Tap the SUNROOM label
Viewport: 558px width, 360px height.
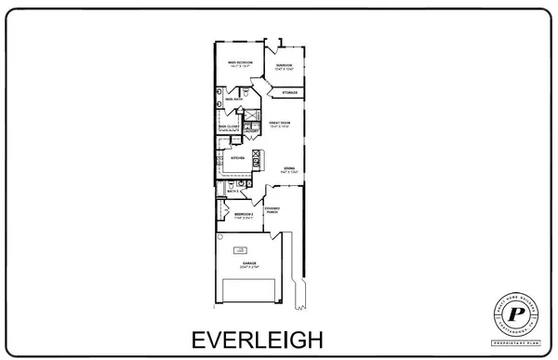[285, 65]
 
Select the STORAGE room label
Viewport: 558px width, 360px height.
[290, 93]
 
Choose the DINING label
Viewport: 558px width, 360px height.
[289, 168]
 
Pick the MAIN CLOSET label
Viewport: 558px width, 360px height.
[229, 127]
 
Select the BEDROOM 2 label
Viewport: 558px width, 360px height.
[244, 214]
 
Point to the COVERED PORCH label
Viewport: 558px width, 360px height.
[272, 210]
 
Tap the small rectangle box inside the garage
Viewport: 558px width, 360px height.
[241, 248]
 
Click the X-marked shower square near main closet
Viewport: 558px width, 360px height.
[250, 116]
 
